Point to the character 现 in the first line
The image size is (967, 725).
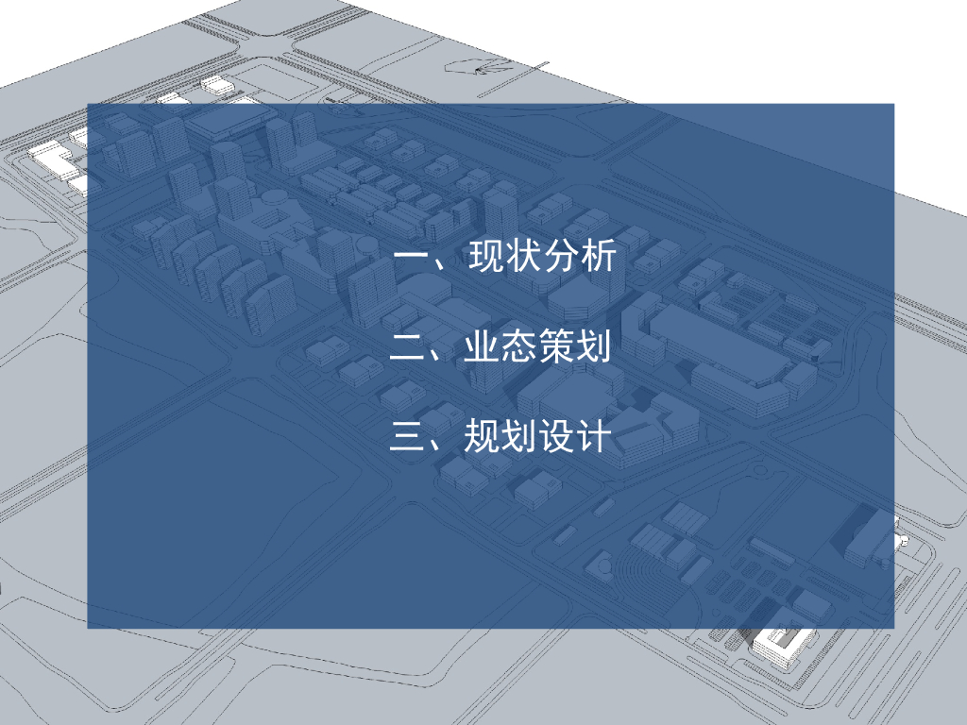point(487,257)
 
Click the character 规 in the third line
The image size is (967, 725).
point(482,437)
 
